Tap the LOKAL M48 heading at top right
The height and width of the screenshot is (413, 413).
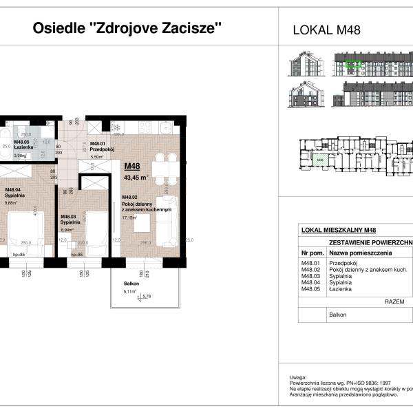pos(327,30)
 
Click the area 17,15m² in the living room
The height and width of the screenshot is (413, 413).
pos(129,218)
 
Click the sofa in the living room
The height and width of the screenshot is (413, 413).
pos(169,220)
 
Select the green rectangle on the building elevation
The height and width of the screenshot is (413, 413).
pos(354,65)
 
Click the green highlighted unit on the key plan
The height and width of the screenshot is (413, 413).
pos(319,160)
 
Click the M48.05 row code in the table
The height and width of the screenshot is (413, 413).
pos(310,290)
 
